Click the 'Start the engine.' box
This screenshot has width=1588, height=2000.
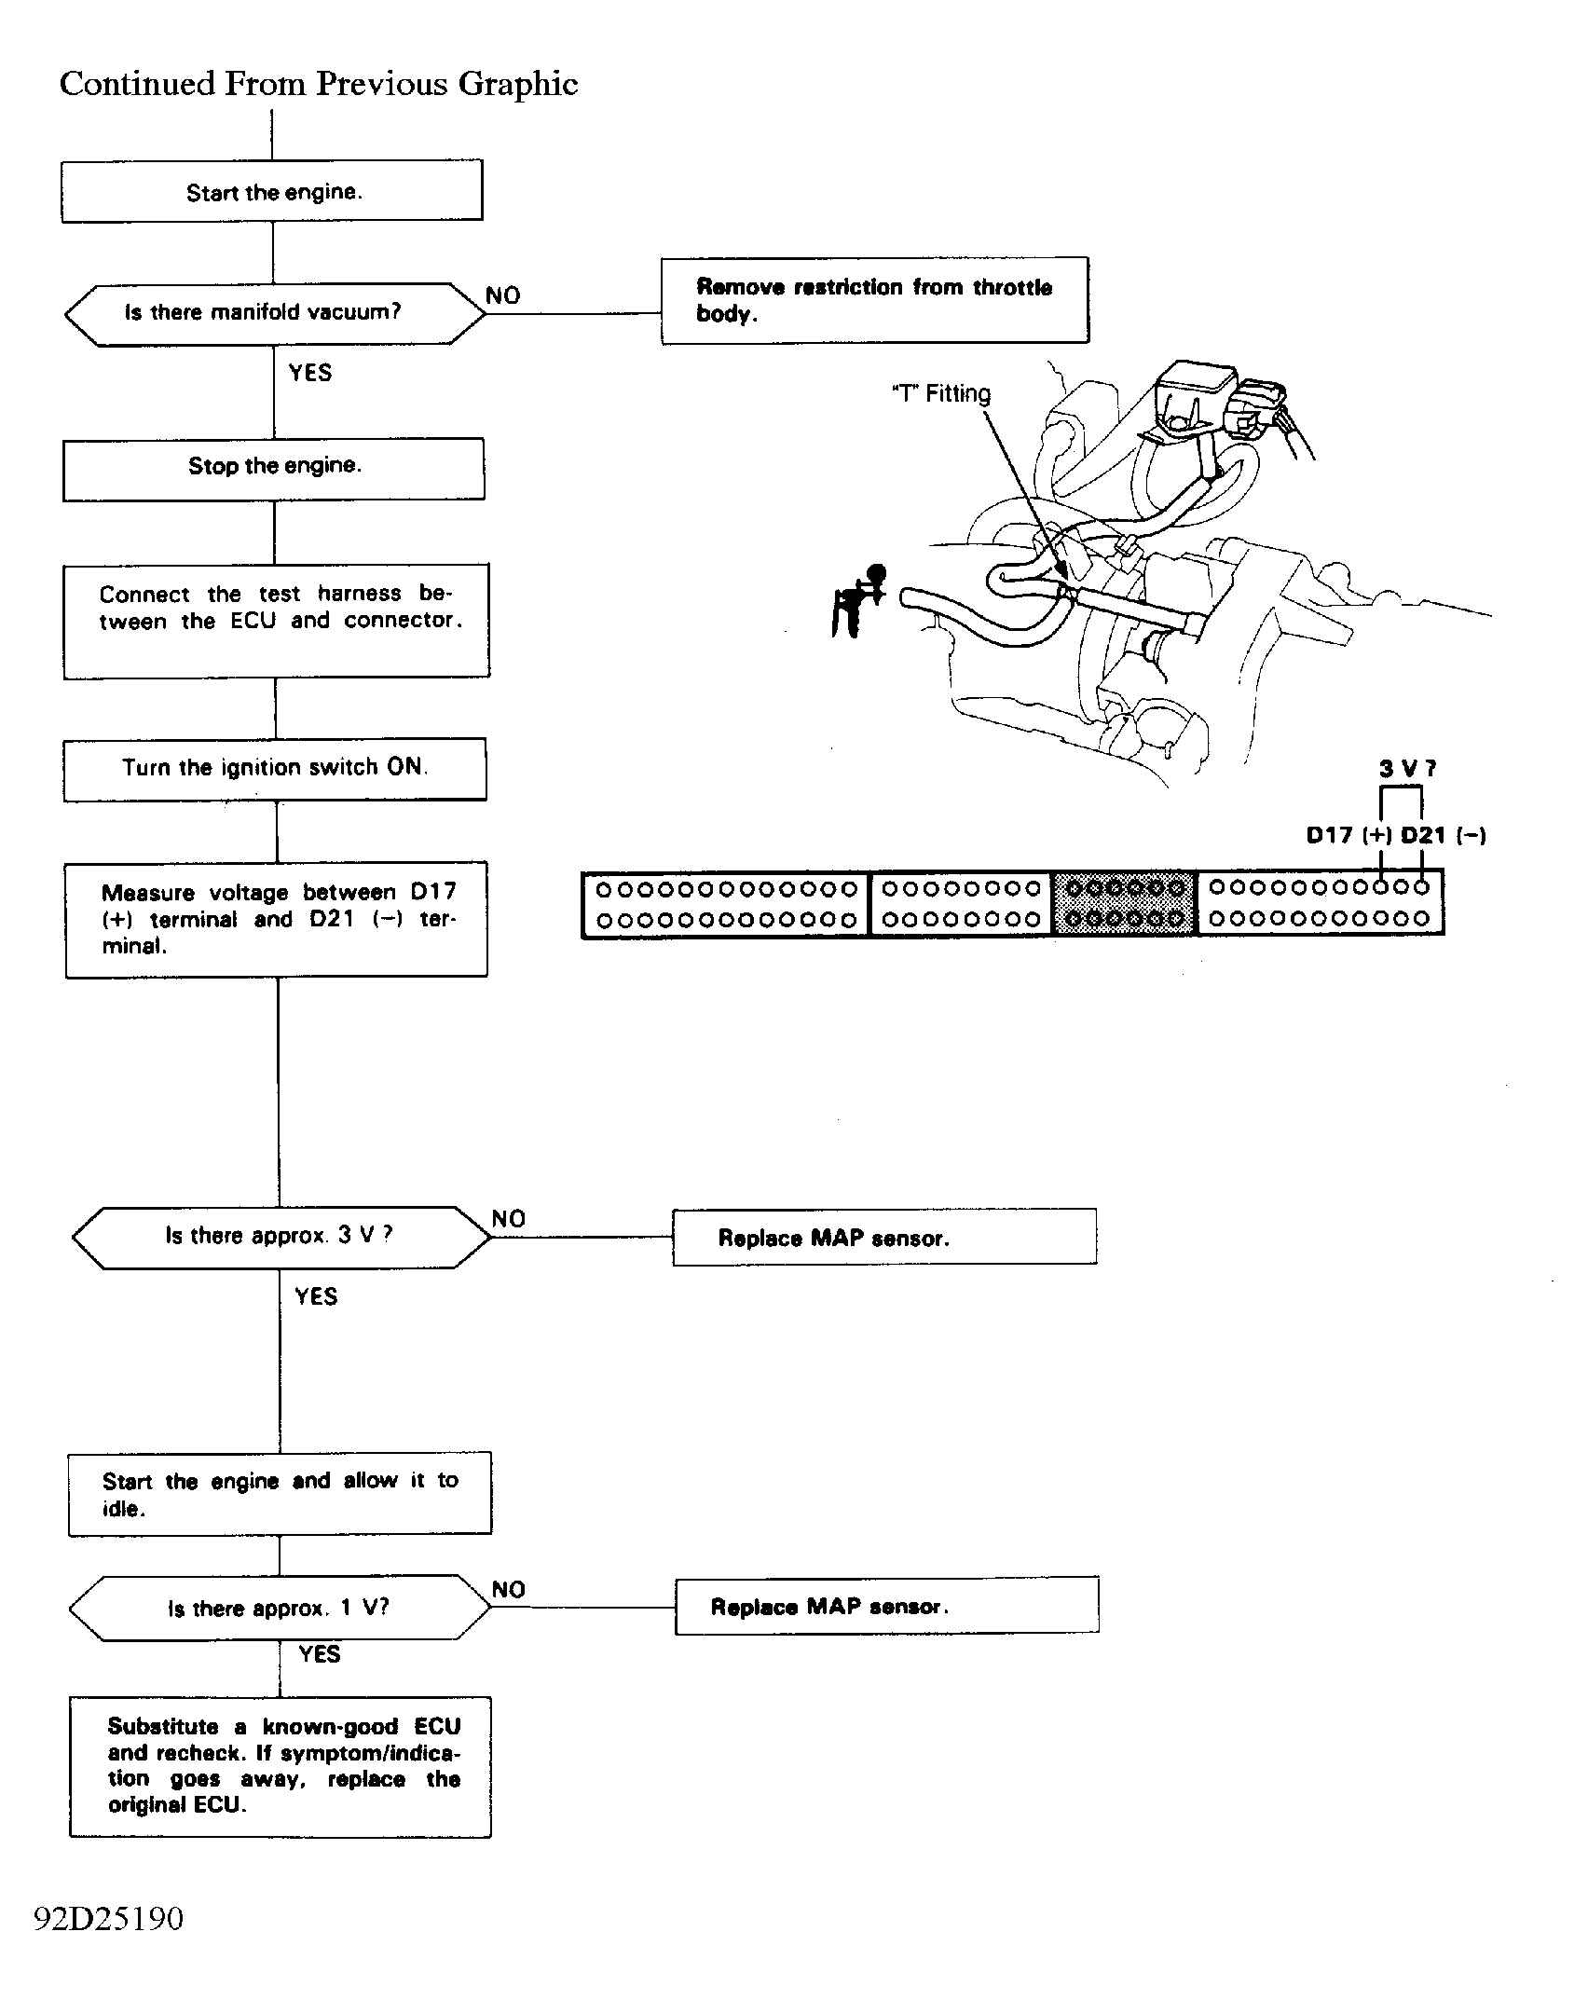[272, 191]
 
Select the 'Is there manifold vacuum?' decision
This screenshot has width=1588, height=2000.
[275, 314]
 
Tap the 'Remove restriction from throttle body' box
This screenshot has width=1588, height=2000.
[875, 300]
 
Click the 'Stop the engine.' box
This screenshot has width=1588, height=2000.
[274, 469]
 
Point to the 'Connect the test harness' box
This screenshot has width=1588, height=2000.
[277, 621]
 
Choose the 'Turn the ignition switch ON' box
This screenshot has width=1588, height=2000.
[275, 770]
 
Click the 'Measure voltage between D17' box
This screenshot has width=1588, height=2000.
[277, 920]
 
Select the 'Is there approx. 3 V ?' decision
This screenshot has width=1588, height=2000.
[281, 1238]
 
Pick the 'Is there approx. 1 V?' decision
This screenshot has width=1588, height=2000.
[280, 1608]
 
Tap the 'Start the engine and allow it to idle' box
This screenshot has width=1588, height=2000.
[280, 1493]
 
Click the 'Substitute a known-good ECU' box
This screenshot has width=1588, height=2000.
[281, 1766]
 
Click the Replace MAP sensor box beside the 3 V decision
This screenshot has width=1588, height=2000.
[884, 1237]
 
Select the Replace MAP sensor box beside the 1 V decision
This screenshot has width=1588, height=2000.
[887, 1606]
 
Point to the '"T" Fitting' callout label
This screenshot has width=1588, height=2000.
[941, 393]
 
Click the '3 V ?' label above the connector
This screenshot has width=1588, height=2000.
[1407, 769]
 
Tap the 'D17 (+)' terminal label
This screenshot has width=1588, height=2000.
[1349, 835]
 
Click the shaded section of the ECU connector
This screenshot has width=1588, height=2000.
[1125, 903]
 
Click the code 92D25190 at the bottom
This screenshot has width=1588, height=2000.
[109, 1917]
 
